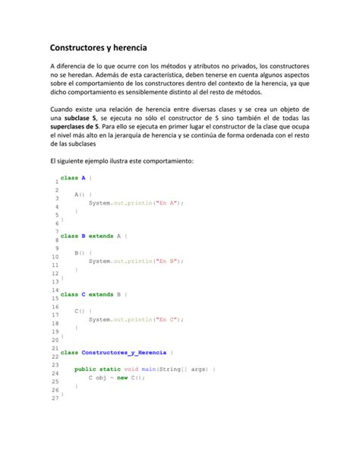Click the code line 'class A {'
(x=77, y=177)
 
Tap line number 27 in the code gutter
(x=54, y=398)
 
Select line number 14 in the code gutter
(x=55, y=290)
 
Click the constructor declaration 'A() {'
(x=84, y=195)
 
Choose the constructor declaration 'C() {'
(x=84, y=311)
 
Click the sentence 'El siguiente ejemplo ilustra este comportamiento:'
(x=122, y=161)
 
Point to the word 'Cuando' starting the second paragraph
(x=62, y=109)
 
